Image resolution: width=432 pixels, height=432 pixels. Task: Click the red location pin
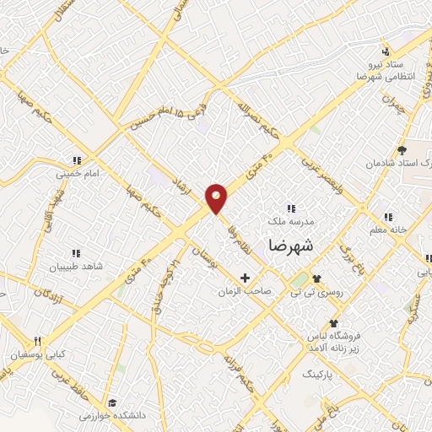[x=217, y=198]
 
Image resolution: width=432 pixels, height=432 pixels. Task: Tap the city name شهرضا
[x=290, y=246]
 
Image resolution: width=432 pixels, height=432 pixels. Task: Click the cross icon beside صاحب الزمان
[x=246, y=278]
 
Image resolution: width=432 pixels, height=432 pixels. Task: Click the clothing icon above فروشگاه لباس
[x=334, y=323]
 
